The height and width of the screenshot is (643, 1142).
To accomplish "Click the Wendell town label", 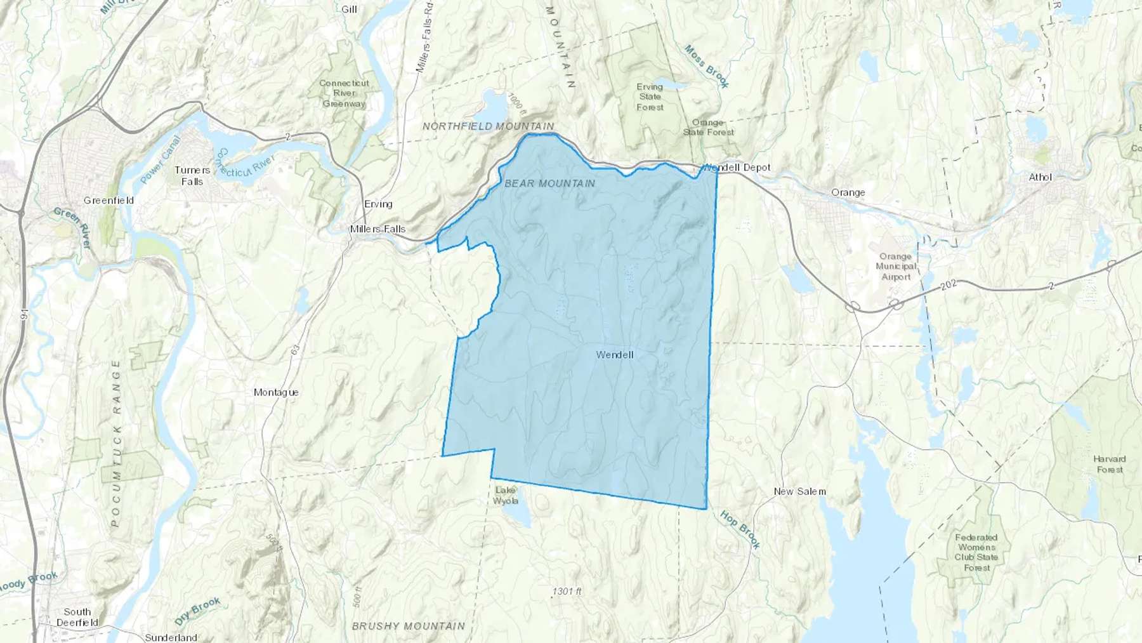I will pyautogui.click(x=614, y=355).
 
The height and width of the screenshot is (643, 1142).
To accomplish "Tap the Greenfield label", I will pyautogui.click(x=108, y=201).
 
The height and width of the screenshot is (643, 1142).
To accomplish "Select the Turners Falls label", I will pyautogui.click(x=192, y=176).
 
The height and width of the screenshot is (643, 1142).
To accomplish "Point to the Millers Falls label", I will pyautogui.click(x=377, y=229).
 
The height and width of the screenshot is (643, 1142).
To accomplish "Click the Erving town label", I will pyautogui.click(x=378, y=204).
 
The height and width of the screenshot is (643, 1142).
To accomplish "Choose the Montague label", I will pyautogui.click(x=276, y=392).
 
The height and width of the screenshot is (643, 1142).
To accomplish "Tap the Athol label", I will pyautogui.click(x=1040, y=178).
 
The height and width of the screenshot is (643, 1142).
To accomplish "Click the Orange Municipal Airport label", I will pyautogui.click(x=896, y=267).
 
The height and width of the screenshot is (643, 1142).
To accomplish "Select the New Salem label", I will pyautogui.click(x=799, y=491).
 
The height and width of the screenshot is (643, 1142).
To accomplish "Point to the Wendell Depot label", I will pyautogui.click(x=737, y=168).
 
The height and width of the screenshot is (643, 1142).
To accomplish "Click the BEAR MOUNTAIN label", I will pyautogui.click(x=549, y=183).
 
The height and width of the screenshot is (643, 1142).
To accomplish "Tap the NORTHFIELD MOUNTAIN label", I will pyautogui.click(x=488, y=126).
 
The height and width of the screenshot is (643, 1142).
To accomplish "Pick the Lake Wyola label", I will pyautogui.click(x=506, y=495).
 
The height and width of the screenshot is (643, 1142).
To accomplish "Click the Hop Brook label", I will pyautogui.click(x=740, y=529).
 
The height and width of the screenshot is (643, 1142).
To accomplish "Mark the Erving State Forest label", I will pyautogui.click(x=650, y=97).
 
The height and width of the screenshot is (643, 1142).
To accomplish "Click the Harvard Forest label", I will pyautogui.click(x=1109, y=464).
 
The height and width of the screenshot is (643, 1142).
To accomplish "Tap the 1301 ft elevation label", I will pyautogui.click(x=567, y=592).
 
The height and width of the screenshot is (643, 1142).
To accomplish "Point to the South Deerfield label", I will pyautogui.click(x=77, y=617).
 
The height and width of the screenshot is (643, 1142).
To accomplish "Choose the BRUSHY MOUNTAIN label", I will pyautogui.click(x=408, y=626).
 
